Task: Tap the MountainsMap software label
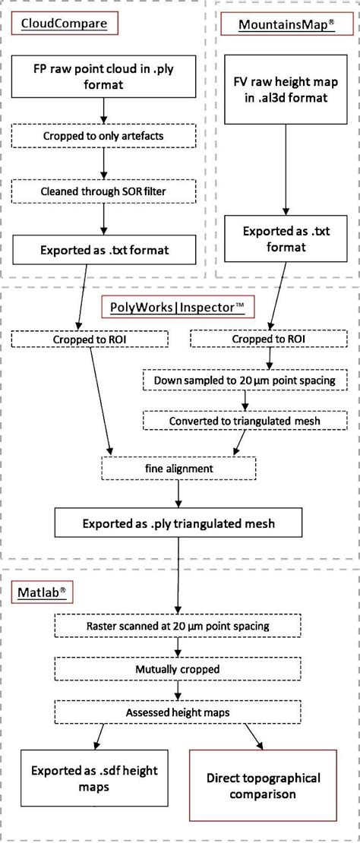click(286, 24)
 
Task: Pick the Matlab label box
click(43, 592)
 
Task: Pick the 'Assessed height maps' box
click(178, 712)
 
